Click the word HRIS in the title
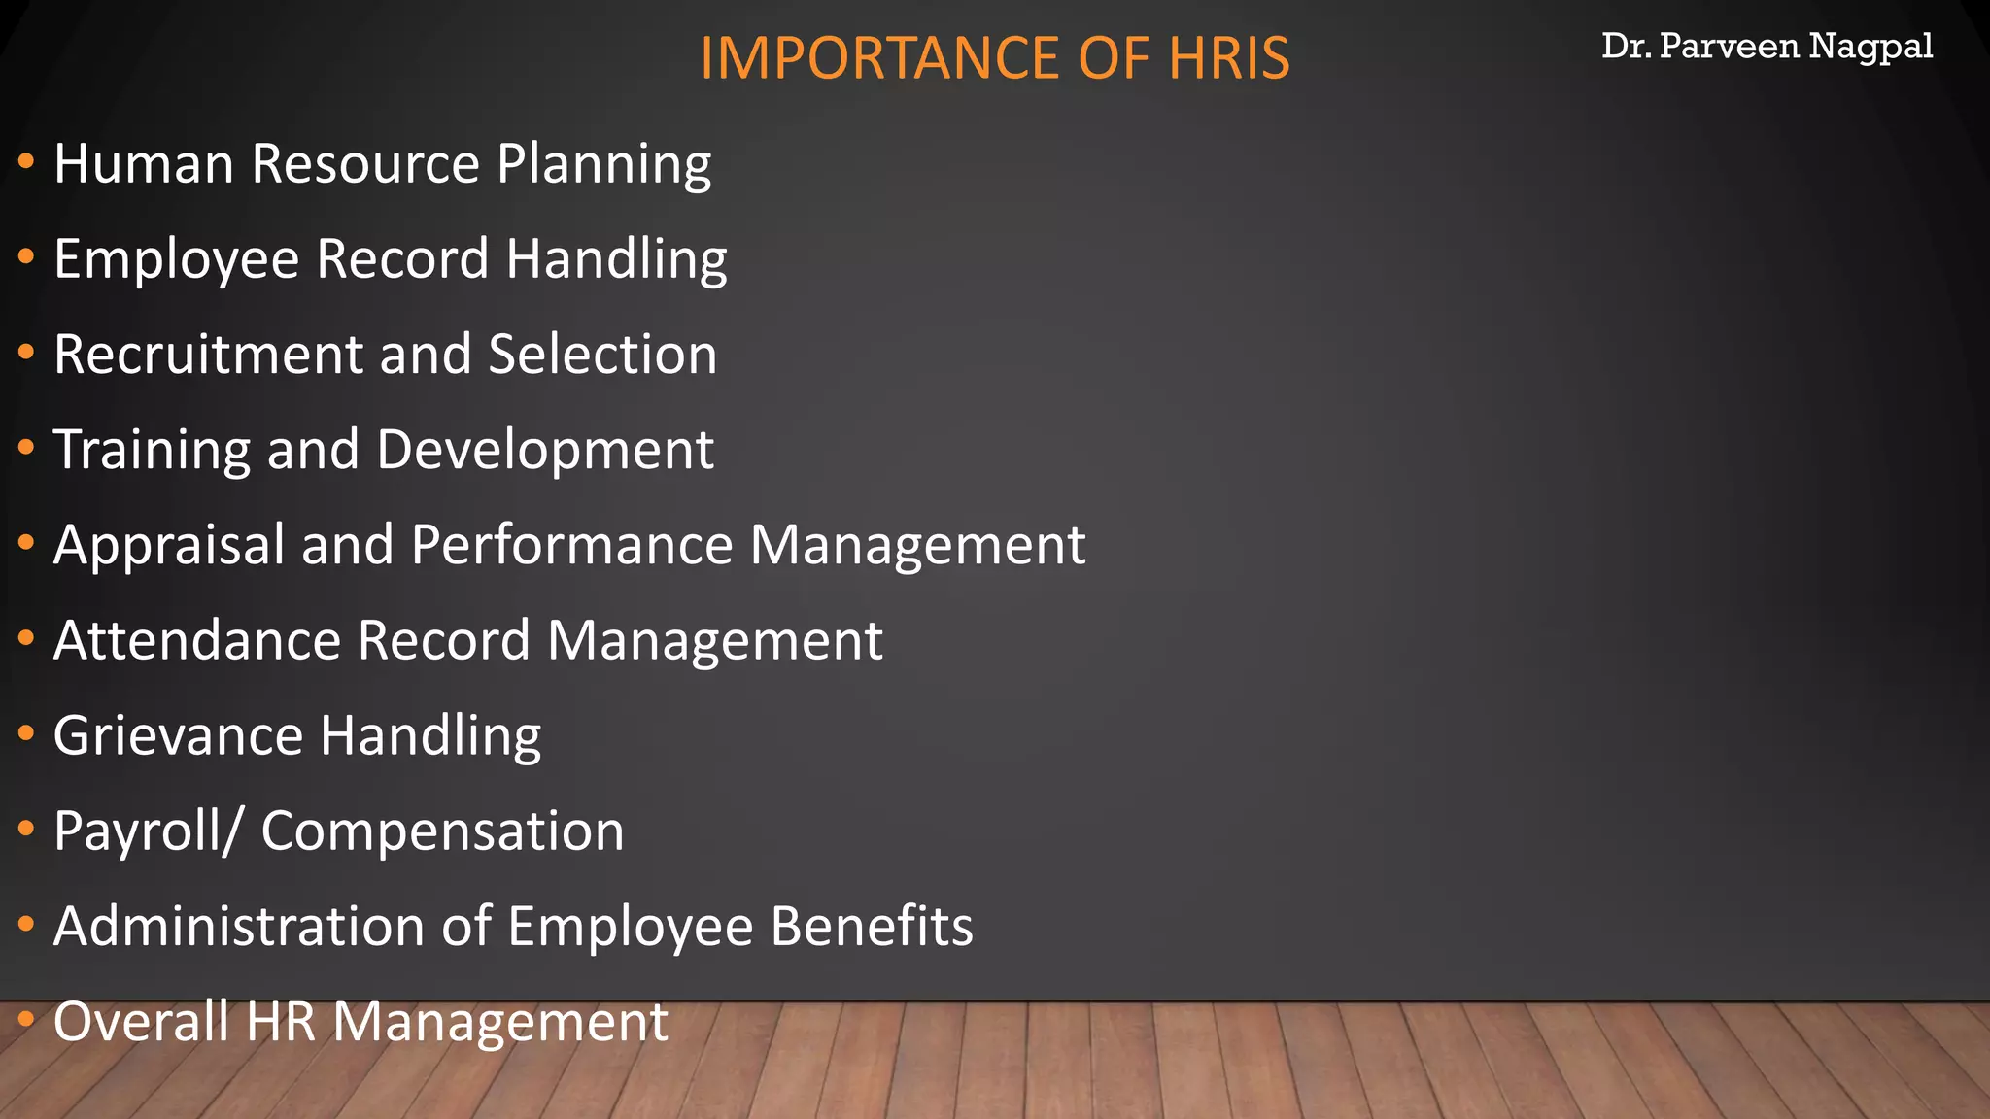click(x=1228, y=58)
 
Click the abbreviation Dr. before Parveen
click(x=1626, y=46)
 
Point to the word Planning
click(x=603, y=164)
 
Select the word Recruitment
click(x=208, y=355)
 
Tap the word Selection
click(x=602, y=355)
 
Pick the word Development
click(x=545, y=450)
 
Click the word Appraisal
click(x=169, y=545)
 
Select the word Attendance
click(x=197, y=641)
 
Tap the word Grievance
click(x=178, y=735)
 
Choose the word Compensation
click(x=442, y=831)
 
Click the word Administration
click(x=239, y=926)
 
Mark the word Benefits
click(x=872, y=926)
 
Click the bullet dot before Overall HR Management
click(x=27, y=1020)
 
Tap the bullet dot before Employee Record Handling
click(x=27, y=257)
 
